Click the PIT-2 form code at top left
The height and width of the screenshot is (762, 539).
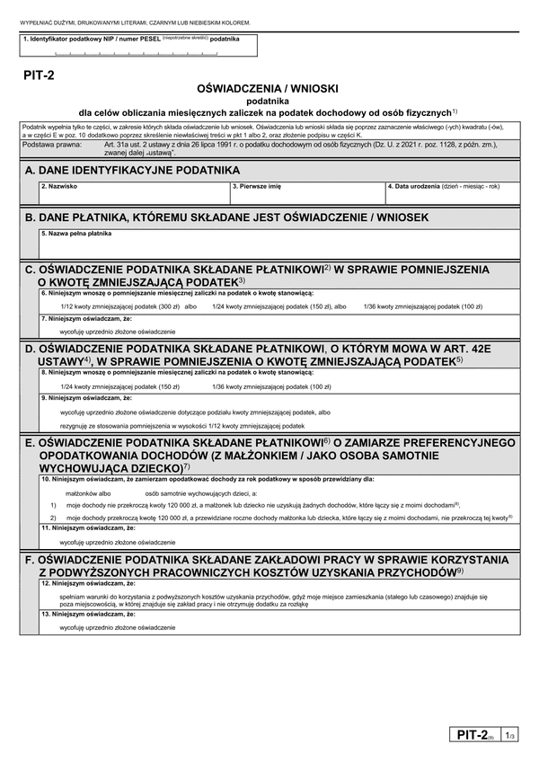coord(39,78)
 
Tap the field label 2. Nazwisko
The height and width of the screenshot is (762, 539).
coord(59,187)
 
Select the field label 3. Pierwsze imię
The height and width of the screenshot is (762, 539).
coord(257,187)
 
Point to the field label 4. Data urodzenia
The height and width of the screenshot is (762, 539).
coord(442,187)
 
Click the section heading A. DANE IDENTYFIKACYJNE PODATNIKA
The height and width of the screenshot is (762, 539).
coord(132,170)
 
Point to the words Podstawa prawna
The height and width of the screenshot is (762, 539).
coord(50,144)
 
